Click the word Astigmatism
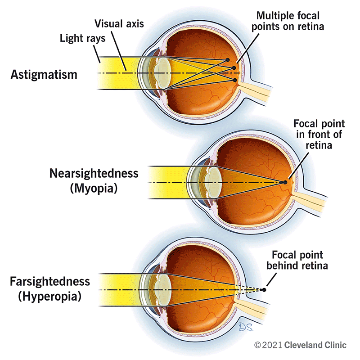(x=44, y=74)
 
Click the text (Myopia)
(x=94, y=189)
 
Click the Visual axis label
(x=119, y=23)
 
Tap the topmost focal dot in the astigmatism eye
(x=228, y=60)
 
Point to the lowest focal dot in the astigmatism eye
(x=235, y=80)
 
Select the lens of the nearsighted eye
(x=211, y=182)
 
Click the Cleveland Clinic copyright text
(x=300, y=345)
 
